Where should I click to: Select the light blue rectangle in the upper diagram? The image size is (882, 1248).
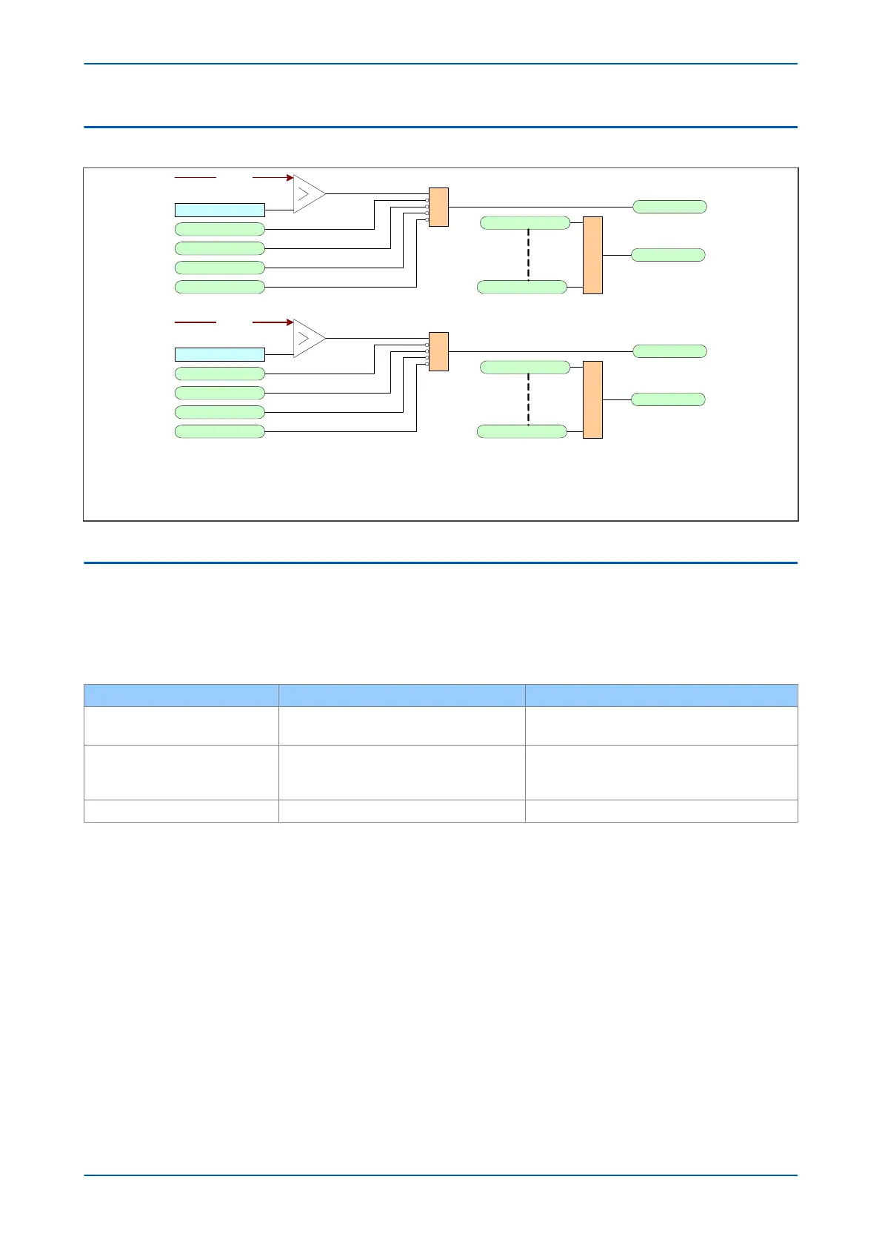click(219, 210)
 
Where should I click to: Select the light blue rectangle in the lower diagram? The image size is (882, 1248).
click(219, 354)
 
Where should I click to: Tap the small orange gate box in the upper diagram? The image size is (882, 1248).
click(438, 207)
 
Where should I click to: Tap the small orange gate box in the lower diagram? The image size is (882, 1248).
click(438, 351)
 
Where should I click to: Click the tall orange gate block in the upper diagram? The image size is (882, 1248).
click(592, 255)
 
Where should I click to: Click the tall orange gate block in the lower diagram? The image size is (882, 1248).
click(592, 399)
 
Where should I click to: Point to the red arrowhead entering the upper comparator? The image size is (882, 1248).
click(290, 178)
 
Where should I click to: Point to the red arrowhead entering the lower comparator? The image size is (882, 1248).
click(290, 322)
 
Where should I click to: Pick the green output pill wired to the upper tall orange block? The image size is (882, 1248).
click(668, 255)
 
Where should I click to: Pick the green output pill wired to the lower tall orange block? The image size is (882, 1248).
click(668, 399)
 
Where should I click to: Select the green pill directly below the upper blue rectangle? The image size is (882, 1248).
click(219, 229)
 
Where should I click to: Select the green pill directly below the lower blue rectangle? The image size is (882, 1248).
click(219, 374)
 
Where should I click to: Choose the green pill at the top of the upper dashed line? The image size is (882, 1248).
click(525, 223)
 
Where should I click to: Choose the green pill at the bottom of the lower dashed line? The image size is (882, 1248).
click(522, 431)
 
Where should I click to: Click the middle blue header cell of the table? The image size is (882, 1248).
click(401, 695)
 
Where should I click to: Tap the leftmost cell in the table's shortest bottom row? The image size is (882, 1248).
click(181, 811)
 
